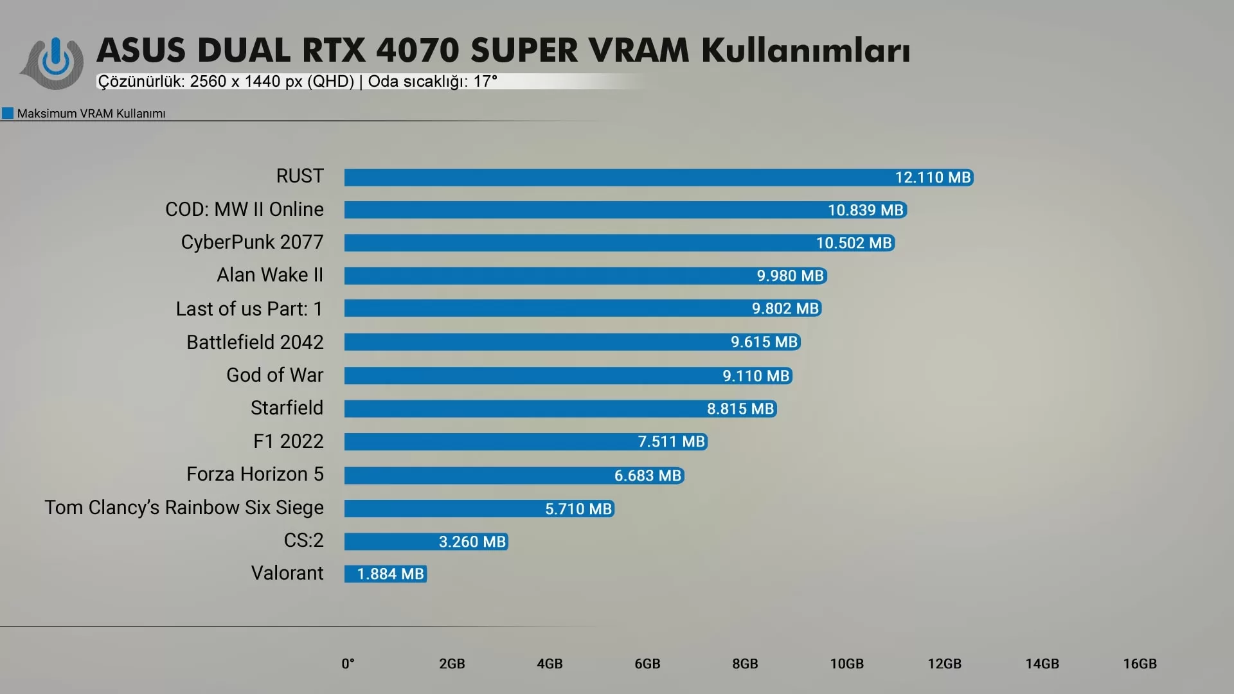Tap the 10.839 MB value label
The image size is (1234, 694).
pyautogui.click(x=865, y=210)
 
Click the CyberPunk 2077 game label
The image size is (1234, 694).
pyautogui.click(x=252, y=242)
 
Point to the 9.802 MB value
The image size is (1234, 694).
pyautogui.click(x=785, y=308)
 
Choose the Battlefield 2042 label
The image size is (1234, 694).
pyautogui.click(x=255, y=342)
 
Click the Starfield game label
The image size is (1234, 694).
pyautogui.click(x=287, y=408)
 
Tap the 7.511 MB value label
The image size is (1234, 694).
pyautogui.click(x=671, y=441)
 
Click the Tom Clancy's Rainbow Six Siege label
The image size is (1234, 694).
pyautogui.click(x=184, y=508)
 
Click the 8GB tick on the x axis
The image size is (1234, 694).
pyautogui.click(x=745, y=664)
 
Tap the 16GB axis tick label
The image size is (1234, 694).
pyautogui.click(x=1140, y=664)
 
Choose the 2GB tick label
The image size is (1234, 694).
pyautogui.click(x=452, y=664)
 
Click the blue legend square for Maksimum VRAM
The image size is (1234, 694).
pyautogui.click(x=8, y=114)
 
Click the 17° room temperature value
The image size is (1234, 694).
pyautogui.click(x=485, y=82)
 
